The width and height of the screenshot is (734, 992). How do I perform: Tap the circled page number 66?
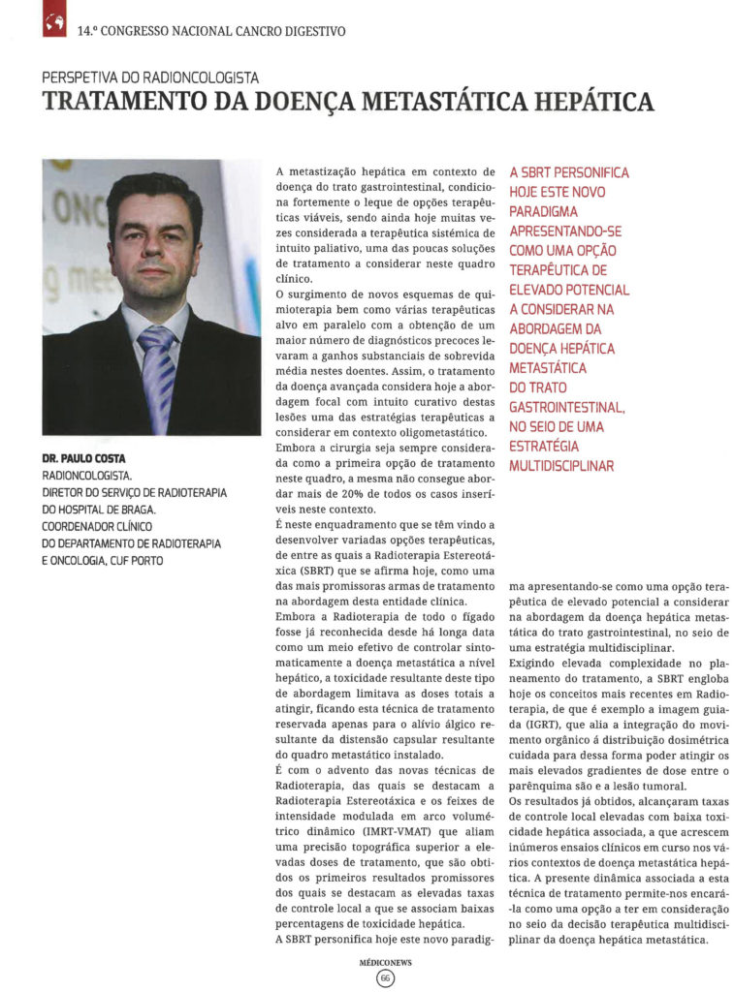coord(385,978)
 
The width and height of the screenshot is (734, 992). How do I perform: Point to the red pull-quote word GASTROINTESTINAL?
coord(567,407)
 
